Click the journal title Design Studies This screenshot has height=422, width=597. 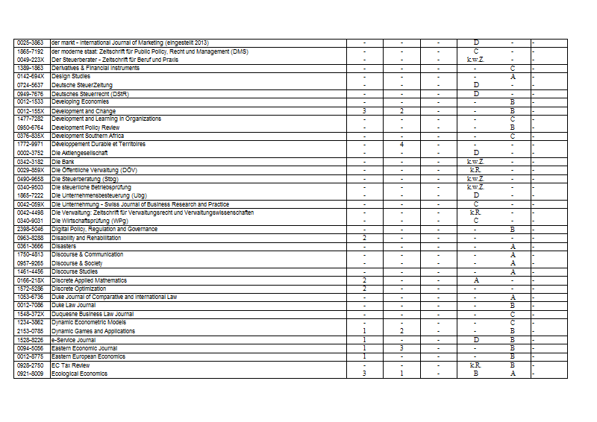point(71,76)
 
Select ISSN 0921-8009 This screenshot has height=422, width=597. point(31,374)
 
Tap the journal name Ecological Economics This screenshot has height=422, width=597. point(79,374)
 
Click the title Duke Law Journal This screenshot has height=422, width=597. point(73,305)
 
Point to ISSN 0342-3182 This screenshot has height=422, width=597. point(31,162)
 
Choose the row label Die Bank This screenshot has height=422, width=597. point(63,162)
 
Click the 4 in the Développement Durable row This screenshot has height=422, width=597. point(401,144)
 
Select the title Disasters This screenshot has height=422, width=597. point(63,246)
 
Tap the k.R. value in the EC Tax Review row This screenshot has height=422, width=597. point(475,365)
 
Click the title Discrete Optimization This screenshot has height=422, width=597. point(79,288)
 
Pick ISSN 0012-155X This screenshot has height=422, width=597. point(31,111)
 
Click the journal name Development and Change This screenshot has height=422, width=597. point(84,111)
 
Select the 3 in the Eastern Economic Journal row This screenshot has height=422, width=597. point(401,348)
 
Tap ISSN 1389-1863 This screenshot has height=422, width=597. point(31,68)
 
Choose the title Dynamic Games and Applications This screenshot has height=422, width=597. point(93,331)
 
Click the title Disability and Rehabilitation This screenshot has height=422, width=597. point(87,238)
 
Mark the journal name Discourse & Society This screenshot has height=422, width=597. point(77,263)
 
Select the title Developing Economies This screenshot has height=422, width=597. point(80,101)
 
